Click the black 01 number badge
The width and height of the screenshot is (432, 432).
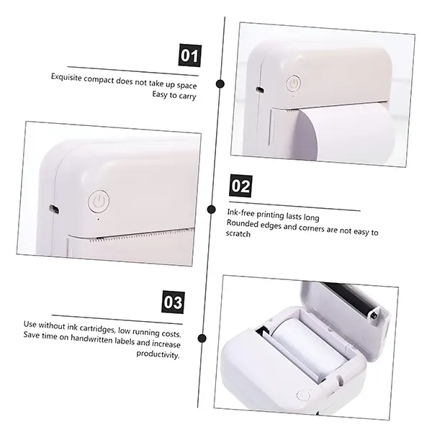[x=190, y=55]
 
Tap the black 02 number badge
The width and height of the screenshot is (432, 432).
[x=240, y=186]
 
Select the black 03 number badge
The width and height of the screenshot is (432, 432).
[x=173, y=302]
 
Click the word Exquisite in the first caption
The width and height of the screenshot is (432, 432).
[x=66, y=77]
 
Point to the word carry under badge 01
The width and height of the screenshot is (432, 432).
[x=187, y=96]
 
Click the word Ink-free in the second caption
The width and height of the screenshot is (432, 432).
[x=240, y=212]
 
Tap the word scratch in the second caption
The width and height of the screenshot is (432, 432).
[x=238, y=233]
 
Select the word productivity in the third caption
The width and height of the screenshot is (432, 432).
[x=158, y=354]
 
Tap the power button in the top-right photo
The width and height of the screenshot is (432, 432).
[x=294, y=83]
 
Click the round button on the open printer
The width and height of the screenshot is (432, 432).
[x=303, y=395]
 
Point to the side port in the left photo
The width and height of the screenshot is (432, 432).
[x=54, y=209]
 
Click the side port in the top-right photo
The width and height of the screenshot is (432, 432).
[x=259, y=89]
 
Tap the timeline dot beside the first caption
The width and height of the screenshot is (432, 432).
[x=220, y=84]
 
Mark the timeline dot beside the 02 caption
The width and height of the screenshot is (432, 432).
[x=211, y=210]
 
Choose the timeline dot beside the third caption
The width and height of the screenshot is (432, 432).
[x=202, y=338]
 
